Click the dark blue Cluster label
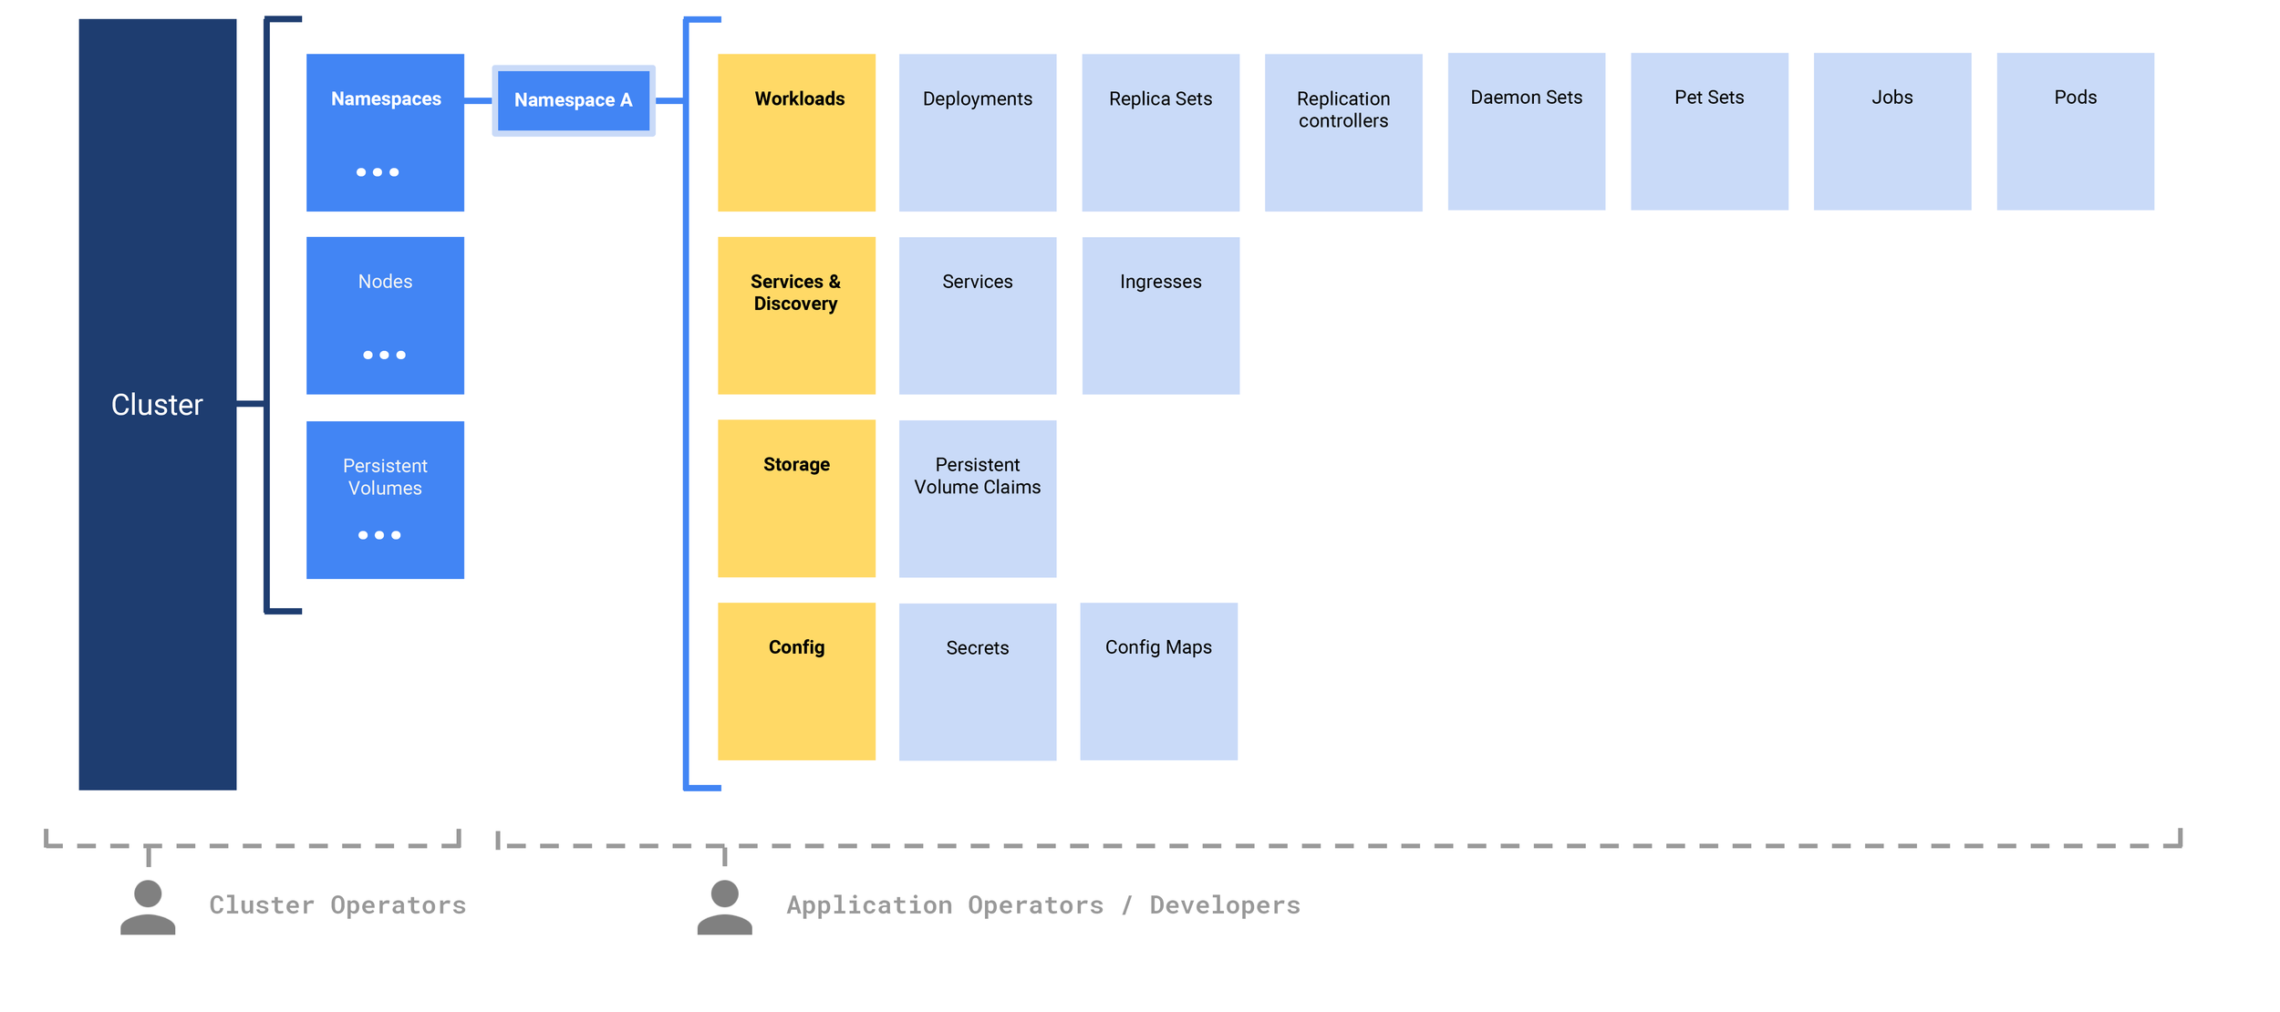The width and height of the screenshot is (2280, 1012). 157,405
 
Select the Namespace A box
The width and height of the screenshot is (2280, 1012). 573,100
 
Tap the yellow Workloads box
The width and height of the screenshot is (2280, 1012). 796,132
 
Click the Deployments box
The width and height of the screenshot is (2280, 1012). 977,132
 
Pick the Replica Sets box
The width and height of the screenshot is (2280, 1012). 1160,132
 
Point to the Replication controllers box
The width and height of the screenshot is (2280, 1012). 1342,132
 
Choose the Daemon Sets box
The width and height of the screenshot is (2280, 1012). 1526,131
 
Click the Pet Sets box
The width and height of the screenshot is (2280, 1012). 1708,131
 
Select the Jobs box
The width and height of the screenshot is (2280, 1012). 1891,131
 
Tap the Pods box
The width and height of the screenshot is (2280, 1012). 2075,131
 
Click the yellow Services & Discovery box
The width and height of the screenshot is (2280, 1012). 796,315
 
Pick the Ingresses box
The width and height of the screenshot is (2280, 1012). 1160,315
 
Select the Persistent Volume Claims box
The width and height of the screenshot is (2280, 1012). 977,499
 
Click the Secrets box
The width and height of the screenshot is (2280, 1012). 977,681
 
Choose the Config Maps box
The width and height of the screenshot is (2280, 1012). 1158,681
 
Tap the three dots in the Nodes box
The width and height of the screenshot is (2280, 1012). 384,355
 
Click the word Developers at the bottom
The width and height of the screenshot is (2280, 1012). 1224,905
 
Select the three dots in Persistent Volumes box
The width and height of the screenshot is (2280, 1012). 379,535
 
